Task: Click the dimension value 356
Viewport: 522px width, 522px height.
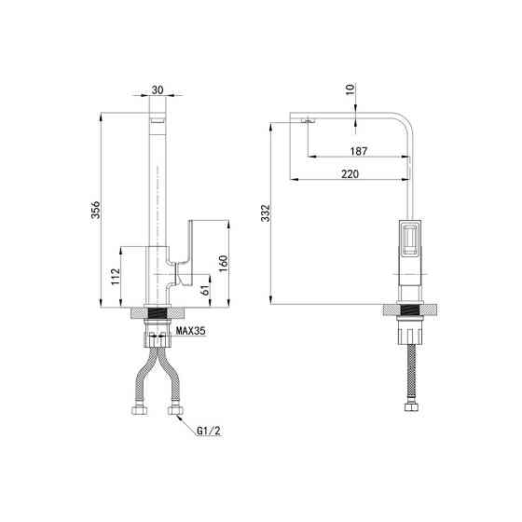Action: coord(96,210)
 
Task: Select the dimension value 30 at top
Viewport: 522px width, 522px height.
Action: coord(158,89)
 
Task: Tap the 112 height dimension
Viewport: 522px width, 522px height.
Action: coord(116,276)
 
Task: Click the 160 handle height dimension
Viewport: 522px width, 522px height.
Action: coord(224,263)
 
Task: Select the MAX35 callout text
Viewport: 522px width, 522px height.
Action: coord(191,331)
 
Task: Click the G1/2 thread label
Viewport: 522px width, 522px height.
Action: coord(209,431)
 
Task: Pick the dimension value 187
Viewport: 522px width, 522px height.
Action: coord(359,151)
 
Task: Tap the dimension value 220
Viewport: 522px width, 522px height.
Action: coord(350,173)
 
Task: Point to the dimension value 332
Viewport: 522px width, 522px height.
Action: coord(266,213)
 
